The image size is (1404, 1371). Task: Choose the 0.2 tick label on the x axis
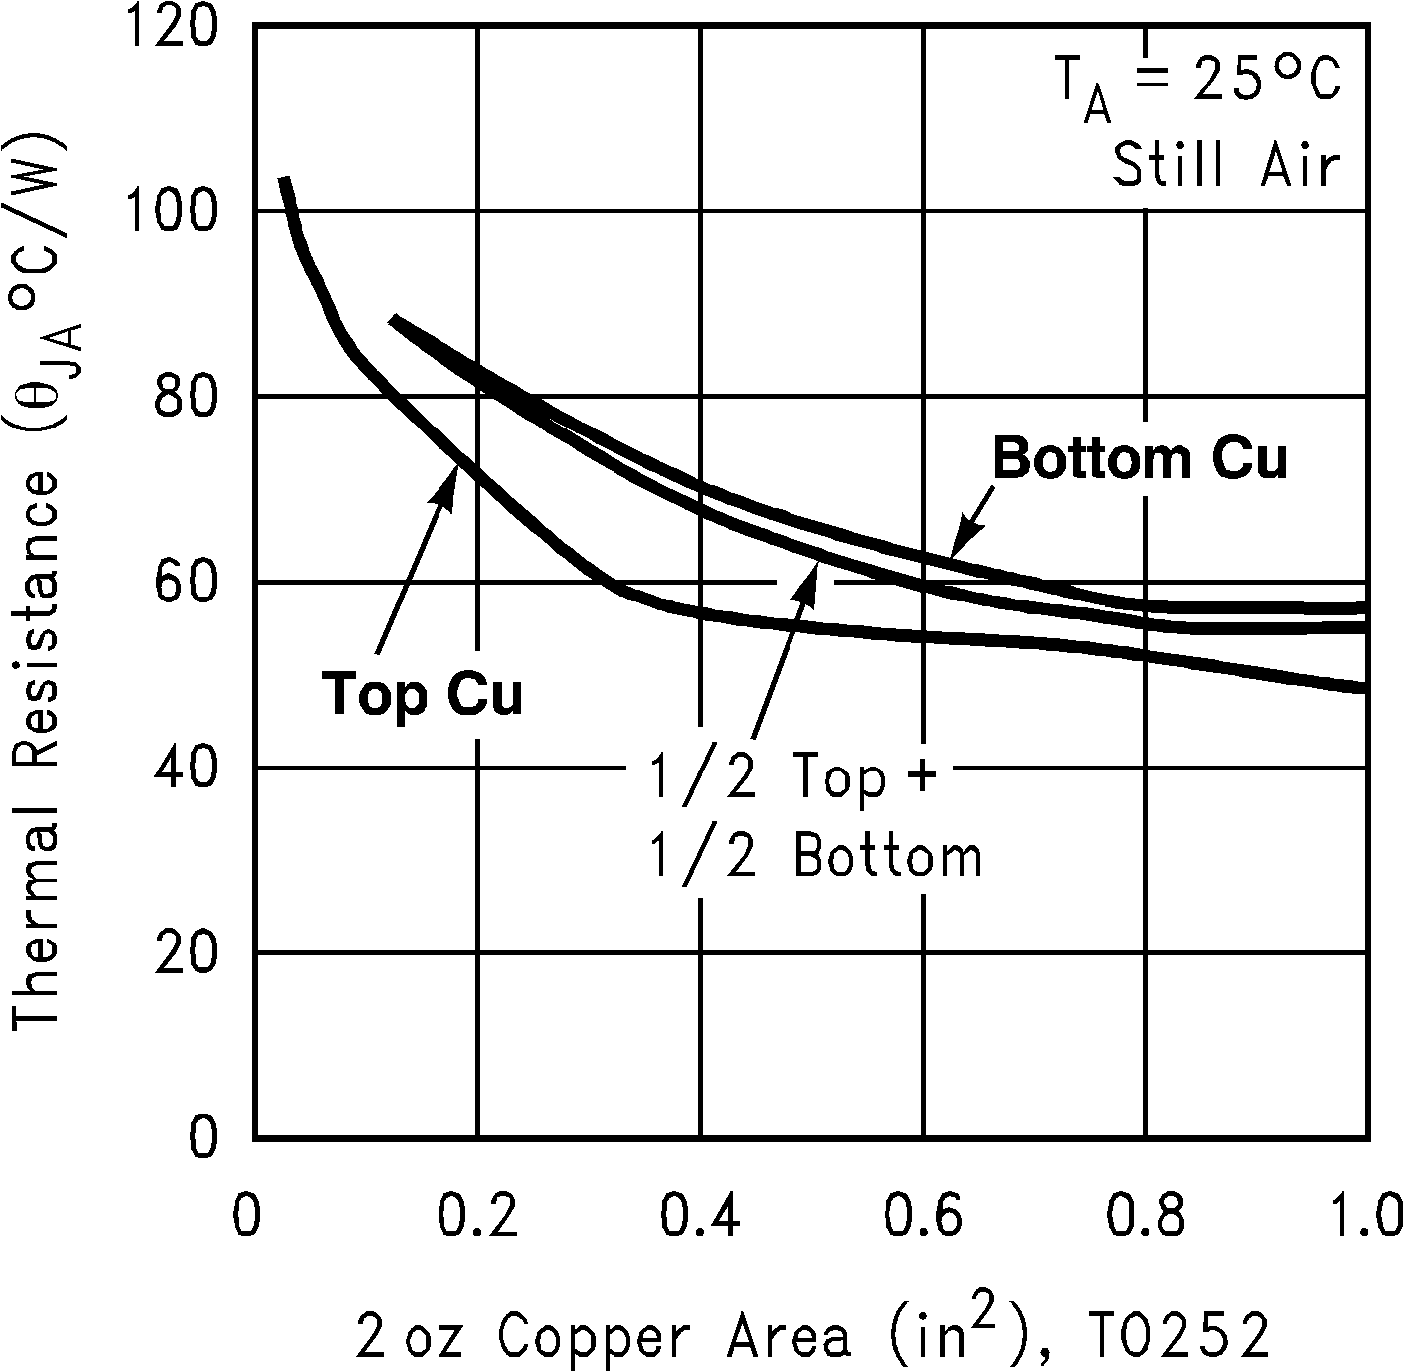[x=477, y=1218]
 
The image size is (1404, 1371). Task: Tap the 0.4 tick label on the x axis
[x=700, y=1218]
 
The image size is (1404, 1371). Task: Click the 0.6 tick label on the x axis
[x=923, y=1218]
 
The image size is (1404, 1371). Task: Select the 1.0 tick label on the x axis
[x=1364, y=1218]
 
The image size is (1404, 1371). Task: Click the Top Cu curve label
[x=422, y=694]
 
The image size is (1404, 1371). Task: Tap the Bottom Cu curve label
[x=1140, y=459]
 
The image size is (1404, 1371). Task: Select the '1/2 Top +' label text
[x=792, y=778]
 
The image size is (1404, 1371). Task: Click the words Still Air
[x=1226, y=165]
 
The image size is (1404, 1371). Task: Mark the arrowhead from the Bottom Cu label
[x=957, y=545]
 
